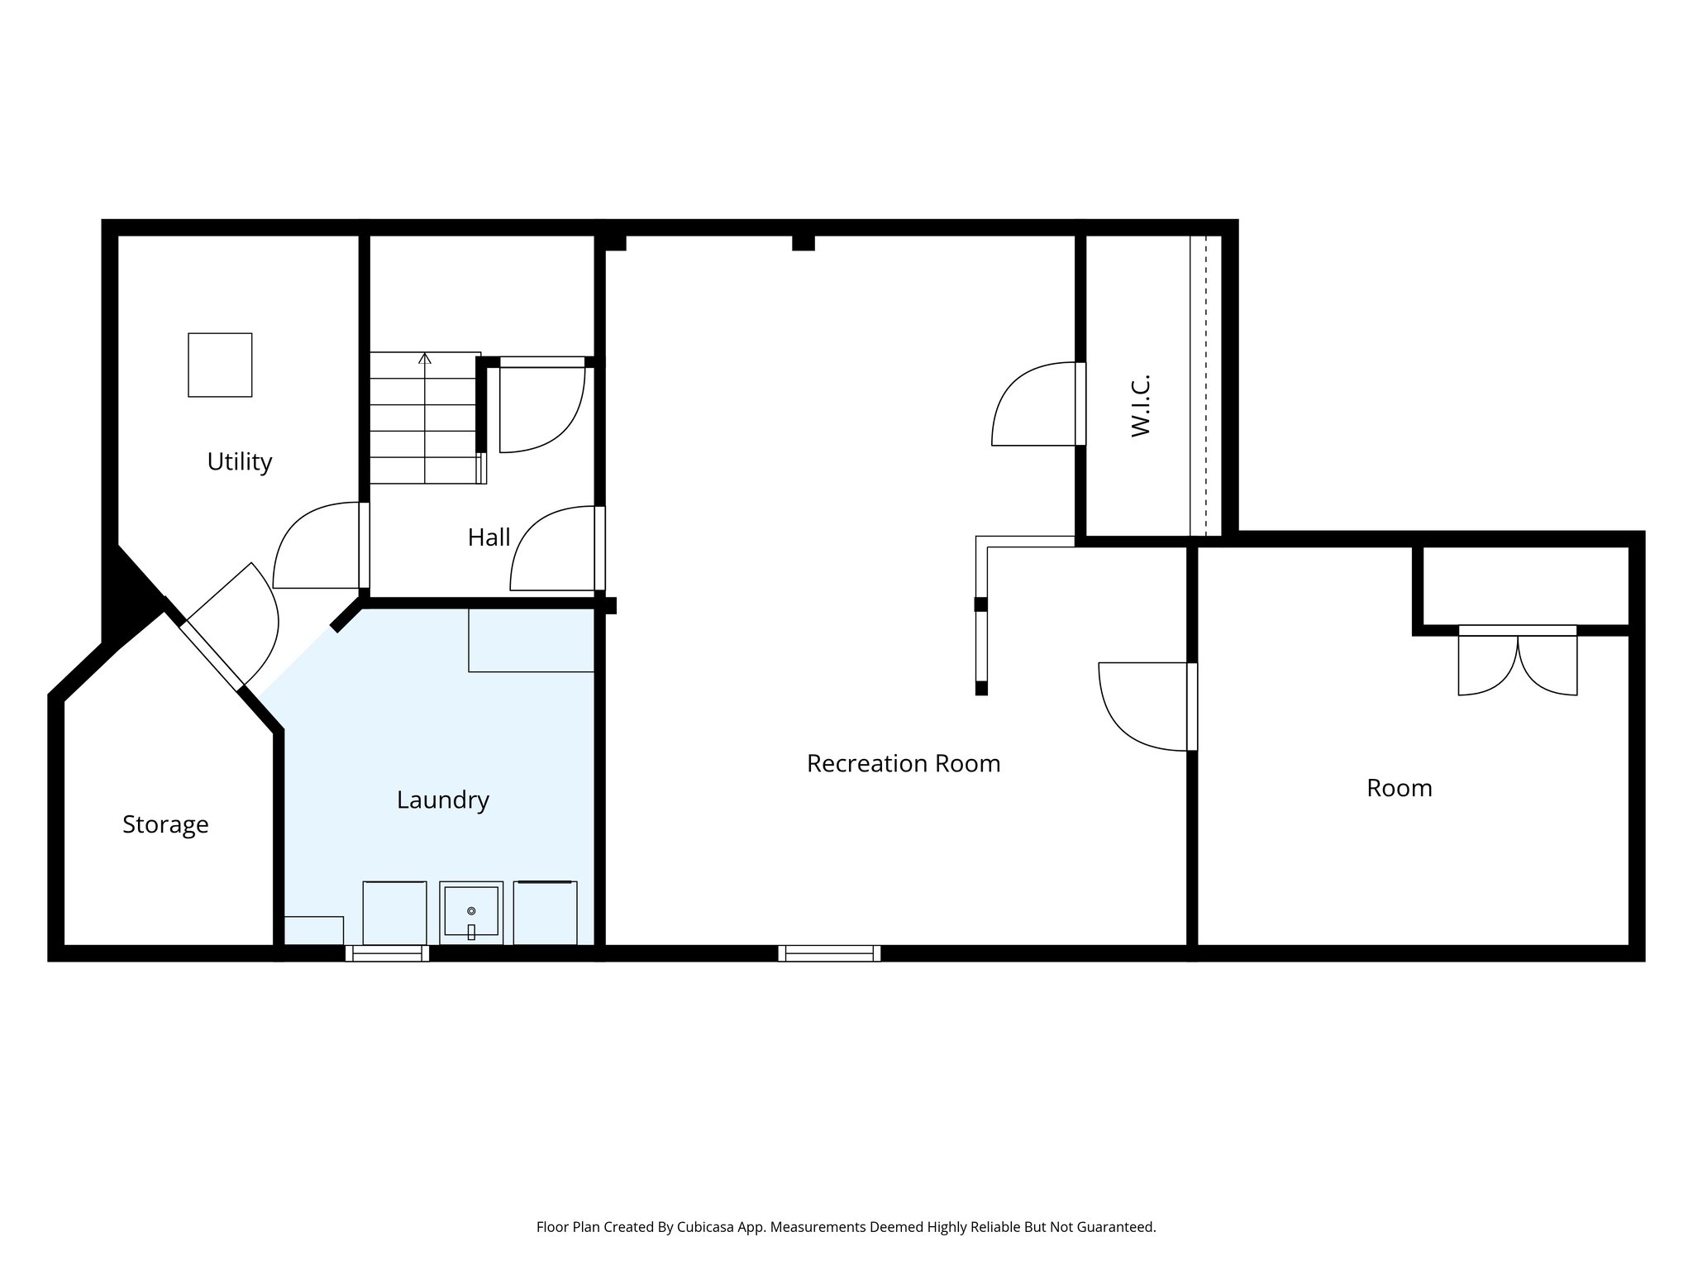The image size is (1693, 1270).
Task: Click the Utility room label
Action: tap(239, 461)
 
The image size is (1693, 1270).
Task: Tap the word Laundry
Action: tap(442, 800)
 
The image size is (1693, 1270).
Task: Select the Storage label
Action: tap(165, 824)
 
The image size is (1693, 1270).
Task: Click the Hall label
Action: tap(489, 537)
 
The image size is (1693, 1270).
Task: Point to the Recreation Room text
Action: tap(903, 763)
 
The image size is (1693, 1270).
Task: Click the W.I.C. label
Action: tap(1141, 406)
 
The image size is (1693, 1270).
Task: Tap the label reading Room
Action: tap(1399, 788)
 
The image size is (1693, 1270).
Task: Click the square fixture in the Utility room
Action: tap(220, 365)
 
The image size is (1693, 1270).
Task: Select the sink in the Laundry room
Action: tap(470, 912)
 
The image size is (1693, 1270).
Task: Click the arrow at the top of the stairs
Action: tap(425, 358)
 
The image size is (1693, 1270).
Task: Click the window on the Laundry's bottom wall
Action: tap(387, 953)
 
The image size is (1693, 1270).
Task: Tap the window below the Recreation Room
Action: tap(828, 953)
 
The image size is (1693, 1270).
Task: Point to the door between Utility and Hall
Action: tap(318, 546)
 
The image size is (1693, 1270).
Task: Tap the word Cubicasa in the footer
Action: tap(708, 1227)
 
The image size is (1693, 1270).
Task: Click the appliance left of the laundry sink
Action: tap(394, 913)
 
